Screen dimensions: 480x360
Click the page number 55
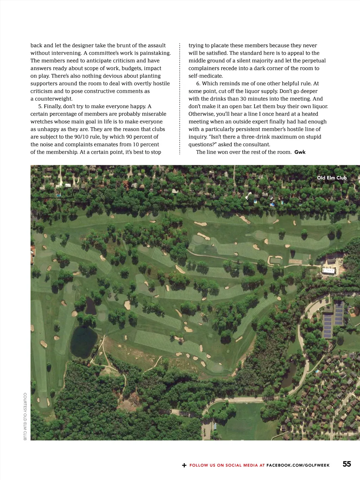(x=347, y=464)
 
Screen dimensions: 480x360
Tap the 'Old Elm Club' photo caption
(x=332, y=178)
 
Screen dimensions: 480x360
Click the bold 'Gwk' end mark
(x=300, y=152)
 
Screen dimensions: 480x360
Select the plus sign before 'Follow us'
(x=184, y=465)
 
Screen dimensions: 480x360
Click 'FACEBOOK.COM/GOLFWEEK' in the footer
(x=298, y=465)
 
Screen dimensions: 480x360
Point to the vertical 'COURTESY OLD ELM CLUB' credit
(x=25, y=416)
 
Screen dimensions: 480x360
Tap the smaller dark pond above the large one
(x=90, y=306)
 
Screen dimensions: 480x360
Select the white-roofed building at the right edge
(x=328, y=270)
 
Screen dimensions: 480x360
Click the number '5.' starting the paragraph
(x=40, y=106)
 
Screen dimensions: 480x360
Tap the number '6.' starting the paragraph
(x=198, y=83)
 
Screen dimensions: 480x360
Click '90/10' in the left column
(x=83, y=137)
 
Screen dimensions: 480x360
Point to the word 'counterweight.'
(x=54, y=99)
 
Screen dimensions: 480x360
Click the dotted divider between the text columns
(x=180, y=98)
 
